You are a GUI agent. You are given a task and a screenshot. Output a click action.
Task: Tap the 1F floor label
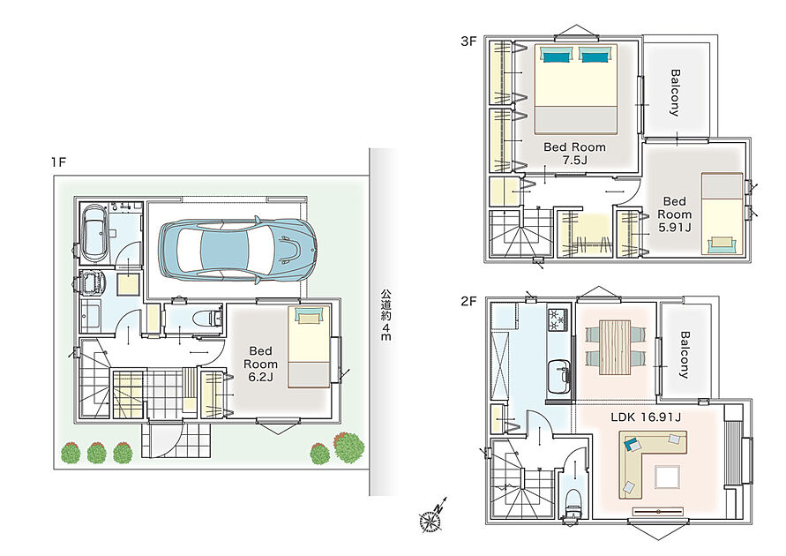tap(58, 162)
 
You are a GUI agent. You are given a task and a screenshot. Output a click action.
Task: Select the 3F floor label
tap(468, 41)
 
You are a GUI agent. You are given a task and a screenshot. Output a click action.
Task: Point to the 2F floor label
tap(468, 301)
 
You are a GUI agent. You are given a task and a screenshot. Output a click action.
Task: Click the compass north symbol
tap(432, 516)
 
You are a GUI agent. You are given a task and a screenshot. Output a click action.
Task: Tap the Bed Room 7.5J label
tap(574, 154)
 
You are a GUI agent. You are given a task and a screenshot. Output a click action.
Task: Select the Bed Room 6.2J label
tap(260, 364)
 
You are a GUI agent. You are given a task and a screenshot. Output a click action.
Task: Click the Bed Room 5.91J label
tap(674, 214)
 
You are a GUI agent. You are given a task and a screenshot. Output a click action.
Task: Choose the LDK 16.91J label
tap(646, 417)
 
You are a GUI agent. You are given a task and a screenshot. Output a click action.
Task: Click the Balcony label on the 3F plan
tap(675, 93)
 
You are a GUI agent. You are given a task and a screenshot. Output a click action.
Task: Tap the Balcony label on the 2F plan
tap(685, 354)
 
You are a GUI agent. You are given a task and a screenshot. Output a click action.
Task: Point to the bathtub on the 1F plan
tap(94, 233)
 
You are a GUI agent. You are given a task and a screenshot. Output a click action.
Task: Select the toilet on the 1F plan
tap(210, 318)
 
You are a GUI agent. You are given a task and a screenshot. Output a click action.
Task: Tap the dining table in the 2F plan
tap(615, 347)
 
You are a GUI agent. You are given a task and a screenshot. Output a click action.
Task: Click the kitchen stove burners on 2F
tap(558, 319)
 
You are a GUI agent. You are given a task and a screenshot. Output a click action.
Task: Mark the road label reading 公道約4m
tap(386, 315)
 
